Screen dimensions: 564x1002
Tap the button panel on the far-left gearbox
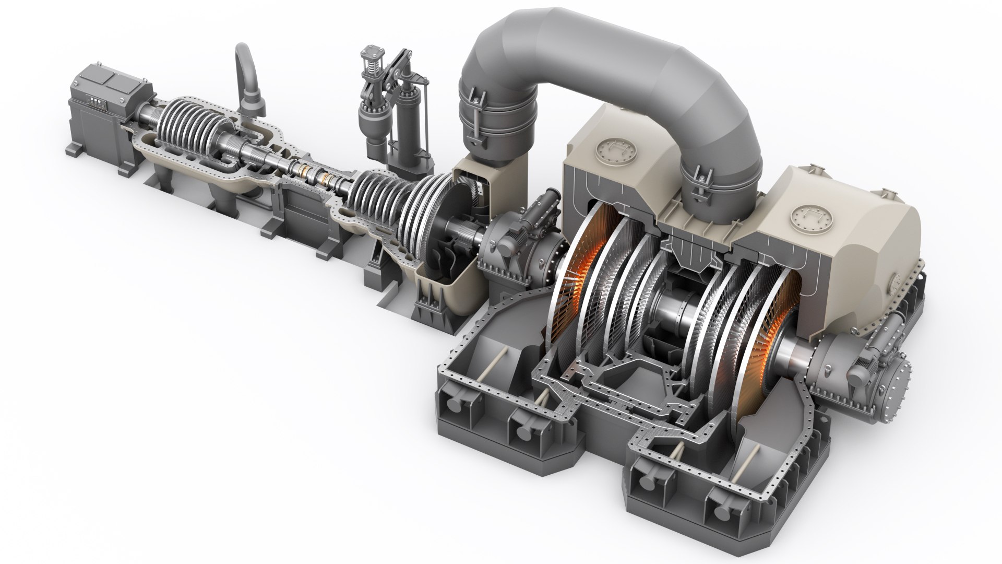tap(94, 104)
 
